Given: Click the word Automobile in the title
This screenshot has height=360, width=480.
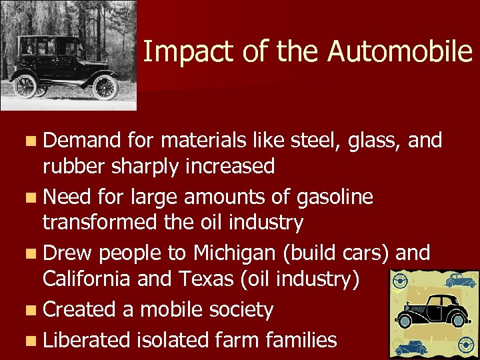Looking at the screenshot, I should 400,52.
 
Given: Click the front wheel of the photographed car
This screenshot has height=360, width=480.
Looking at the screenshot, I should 105,87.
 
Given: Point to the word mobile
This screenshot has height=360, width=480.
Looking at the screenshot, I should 173,309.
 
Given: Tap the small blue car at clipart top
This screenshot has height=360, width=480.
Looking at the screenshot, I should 461,280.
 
